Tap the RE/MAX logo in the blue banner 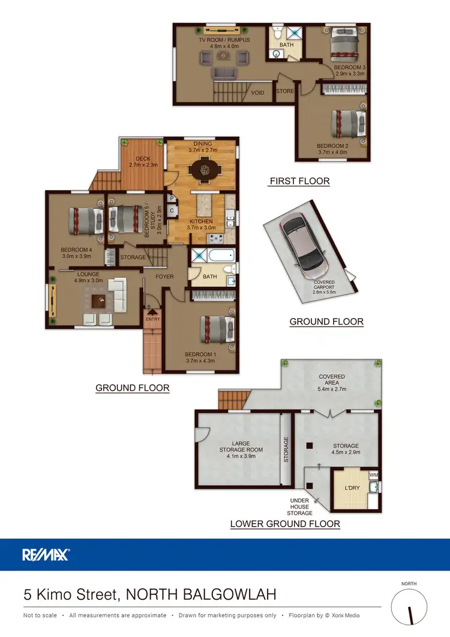click(x=46, y=554)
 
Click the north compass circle click(x=411, y=607)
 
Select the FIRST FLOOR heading click(x=299, y=181)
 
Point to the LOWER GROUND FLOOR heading click(x=285, y=524)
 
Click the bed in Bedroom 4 click(x=84, y=220)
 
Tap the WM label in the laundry click(x=374, y=475)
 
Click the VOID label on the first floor click(x=257, y=93)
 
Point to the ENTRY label click(x=154, y=320)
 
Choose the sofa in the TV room click(x=224, y=73)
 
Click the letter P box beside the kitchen click(x=171, y=199)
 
